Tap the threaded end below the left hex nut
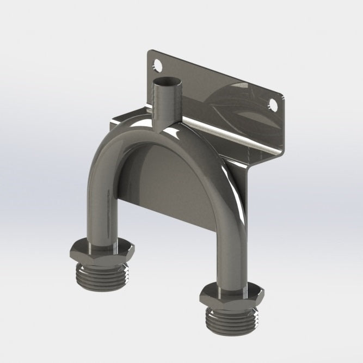pyautogui.click(x=102, y=273)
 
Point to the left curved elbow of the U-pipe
pyautogui.click(x=117, y=150)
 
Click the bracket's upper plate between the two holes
pyautogui.click(x=218, y=87)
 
